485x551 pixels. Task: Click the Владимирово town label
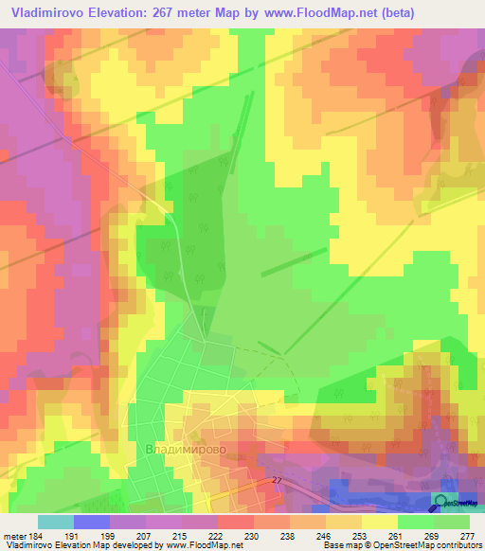pos(186,449)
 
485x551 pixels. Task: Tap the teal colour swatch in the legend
pos(55,522)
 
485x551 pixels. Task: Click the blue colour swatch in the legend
pos(91,522)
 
